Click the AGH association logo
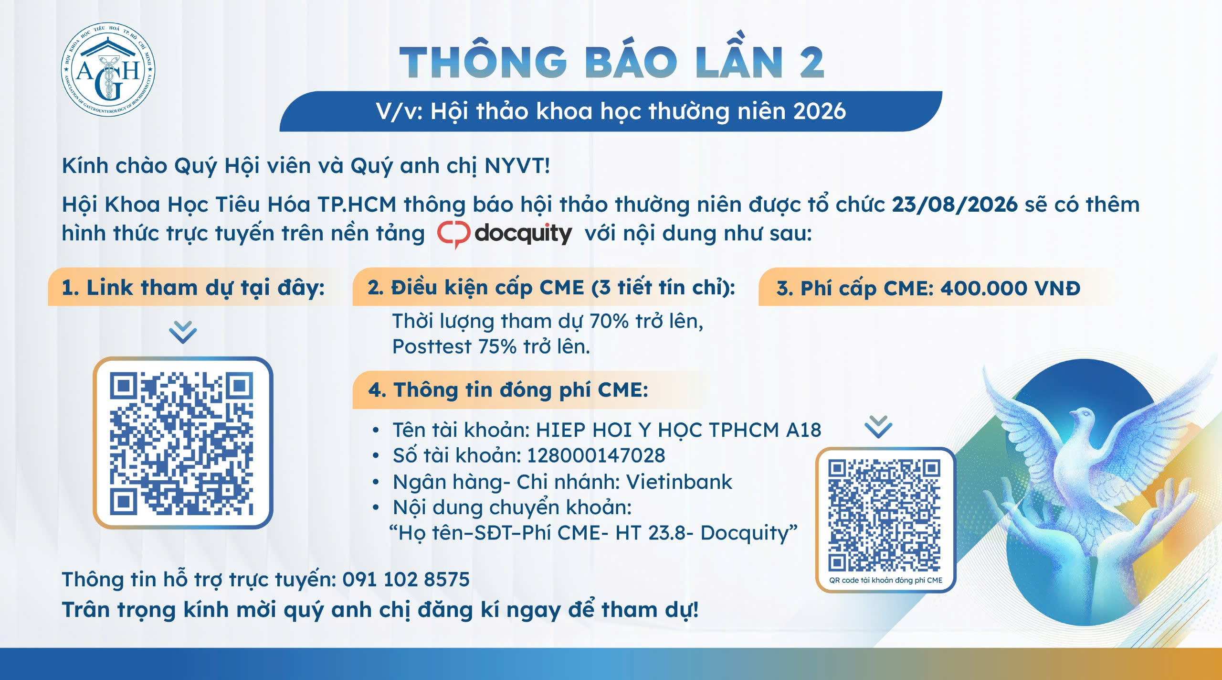(108, 69)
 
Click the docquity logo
(505, 234)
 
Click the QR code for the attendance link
(182, 443)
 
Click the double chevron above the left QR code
(183, 332)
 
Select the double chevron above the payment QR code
(878, 427)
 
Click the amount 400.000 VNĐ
(1011, 288)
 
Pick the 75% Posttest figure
(497, 347)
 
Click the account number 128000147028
(596, 456)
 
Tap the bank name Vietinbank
(679, 482)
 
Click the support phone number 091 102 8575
(406, 580)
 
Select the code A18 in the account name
(804, 430)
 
